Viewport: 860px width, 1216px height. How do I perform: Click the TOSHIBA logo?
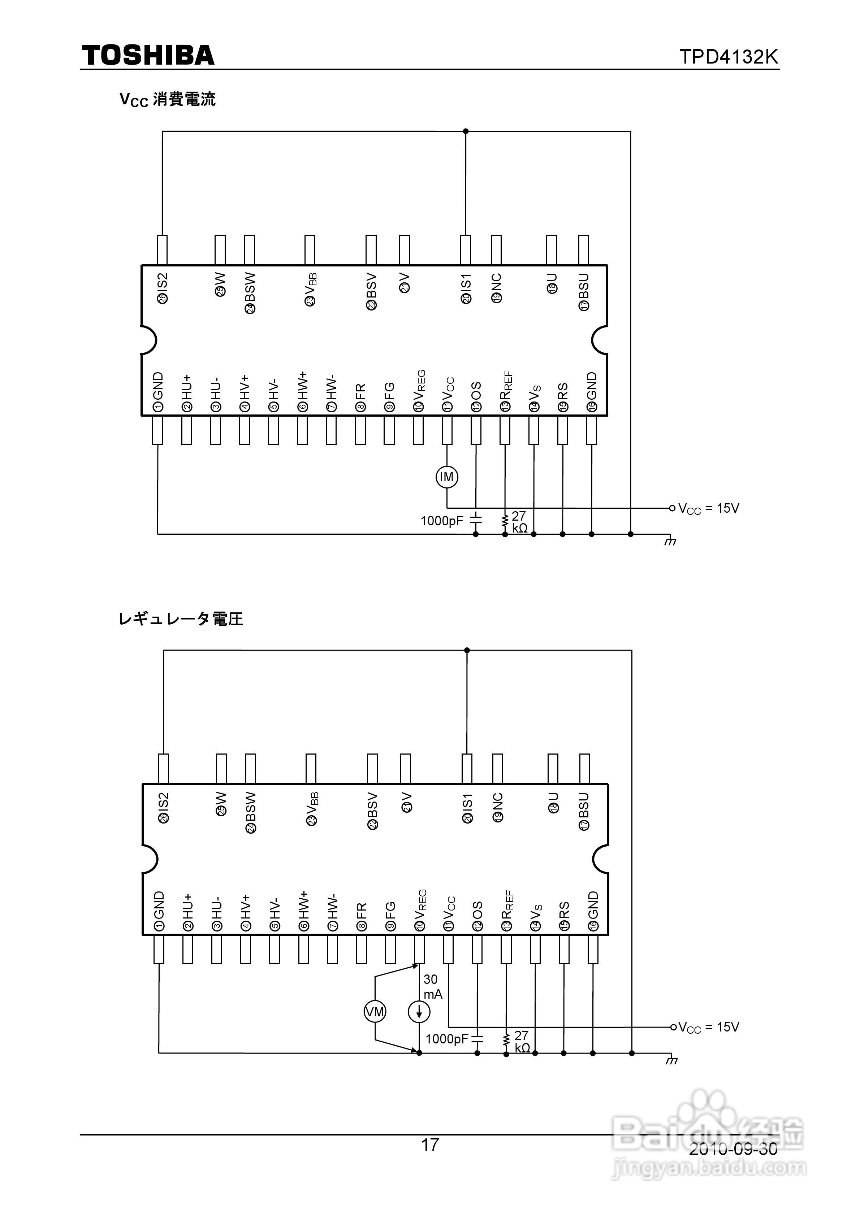coord(148,56)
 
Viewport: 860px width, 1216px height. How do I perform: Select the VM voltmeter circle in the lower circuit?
coord(375,1012)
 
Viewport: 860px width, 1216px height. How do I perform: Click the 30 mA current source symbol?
coord(419,1012)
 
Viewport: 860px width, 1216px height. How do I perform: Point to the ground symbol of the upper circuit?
coord(670,541)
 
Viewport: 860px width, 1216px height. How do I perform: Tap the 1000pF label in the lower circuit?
coord(447,1039)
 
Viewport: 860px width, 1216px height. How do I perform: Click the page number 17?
coord(430,1145)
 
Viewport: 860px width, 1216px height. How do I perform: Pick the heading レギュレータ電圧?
coord(181,618)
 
